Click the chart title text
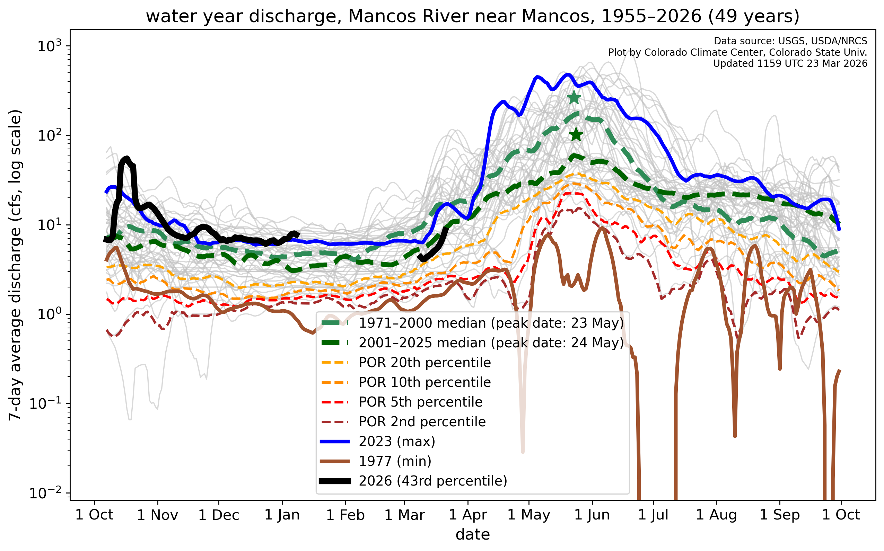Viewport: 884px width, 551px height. pyautogui.click(x=472, y=16)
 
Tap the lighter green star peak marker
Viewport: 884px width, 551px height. pyautogui.click(x=574, y=98)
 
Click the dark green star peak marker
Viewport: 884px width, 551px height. pyautogui.click(x=576, y=135)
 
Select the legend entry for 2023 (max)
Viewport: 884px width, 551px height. pyautogui.click(x=397, y=441)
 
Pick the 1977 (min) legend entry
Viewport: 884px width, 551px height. pyautogui.click(x=395, y=461)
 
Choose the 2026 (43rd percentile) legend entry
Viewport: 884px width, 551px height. pyautogui.click(x=433, y=481)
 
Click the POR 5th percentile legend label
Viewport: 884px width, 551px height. pyautogui.click(x=420, y=402)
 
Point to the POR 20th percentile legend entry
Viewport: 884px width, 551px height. pyautogui.click(x=425, y=363)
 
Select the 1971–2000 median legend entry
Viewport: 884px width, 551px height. pyautogui.click(x=491, y=323)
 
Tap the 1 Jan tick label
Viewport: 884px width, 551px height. pyautogui.click(x=282, y=515)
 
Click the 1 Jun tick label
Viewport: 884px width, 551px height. pyautogui.click(x=592, y=515)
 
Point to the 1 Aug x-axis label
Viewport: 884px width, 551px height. pyautogui.click(x=716, y=515)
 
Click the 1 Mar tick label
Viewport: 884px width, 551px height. pyautogui.click(x=405, y=515)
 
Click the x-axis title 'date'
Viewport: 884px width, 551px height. pyautogui.click(x=472, y=535)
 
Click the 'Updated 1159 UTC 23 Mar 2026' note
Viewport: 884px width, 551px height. pyautogui.click(x=790, y=64)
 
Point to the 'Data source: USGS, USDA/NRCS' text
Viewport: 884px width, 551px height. pyautogui.click(x=790, y=41)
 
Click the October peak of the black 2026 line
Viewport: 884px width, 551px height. pyautogui.click(x=126, y=159)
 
